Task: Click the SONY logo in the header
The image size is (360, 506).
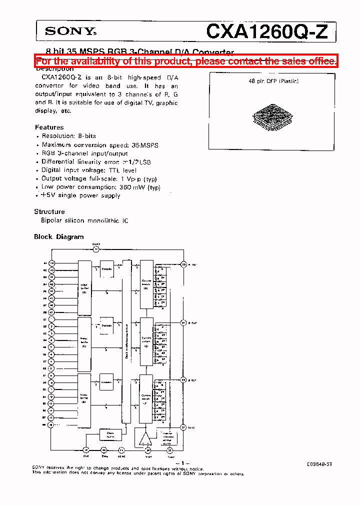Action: pos(70,31)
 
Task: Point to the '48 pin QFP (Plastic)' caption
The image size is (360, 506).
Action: pos(273,81)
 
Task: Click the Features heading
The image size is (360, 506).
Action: pos(49,127)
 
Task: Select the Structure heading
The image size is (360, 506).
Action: pos(49,211)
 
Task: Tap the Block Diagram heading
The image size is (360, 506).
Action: pos(59,237)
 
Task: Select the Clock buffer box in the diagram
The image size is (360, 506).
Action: pos(110,434)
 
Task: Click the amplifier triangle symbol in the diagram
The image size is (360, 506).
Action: pos(145,438)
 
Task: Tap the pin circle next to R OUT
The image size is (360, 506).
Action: pos(183,263)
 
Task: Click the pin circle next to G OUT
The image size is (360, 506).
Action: pos(183,322)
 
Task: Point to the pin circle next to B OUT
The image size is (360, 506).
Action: pos(183,380)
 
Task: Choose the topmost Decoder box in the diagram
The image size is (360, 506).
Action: pos(106,269)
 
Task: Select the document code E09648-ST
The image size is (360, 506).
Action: pos(319,464)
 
